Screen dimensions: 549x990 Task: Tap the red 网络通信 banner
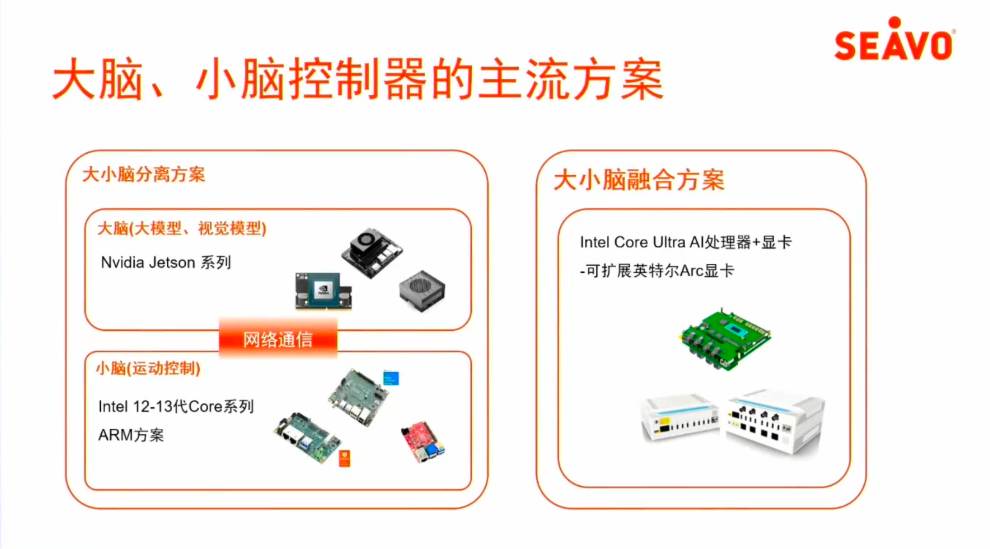pos(278,339)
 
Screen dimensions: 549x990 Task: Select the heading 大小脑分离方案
pos(143,175)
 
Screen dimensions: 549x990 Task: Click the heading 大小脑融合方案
pos(639,180)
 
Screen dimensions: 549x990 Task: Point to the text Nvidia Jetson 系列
pos(166,262)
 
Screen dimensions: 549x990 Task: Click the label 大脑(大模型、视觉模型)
pos(182,229)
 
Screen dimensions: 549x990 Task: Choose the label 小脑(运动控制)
pos(148,368)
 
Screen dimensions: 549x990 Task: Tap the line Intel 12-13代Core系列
pos(176,407)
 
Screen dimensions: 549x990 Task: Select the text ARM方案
pos(131,435)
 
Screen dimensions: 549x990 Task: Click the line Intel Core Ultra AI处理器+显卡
pos(686,242)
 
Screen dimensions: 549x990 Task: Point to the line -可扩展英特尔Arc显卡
pos(657,271)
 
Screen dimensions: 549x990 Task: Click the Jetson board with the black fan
pos(372,252)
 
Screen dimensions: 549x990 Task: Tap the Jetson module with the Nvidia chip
pos(323,291)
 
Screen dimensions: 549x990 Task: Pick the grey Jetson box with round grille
pos(422,290)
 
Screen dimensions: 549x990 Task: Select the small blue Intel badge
pos(391,378)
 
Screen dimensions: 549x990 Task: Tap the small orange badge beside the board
pos(345,458)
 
